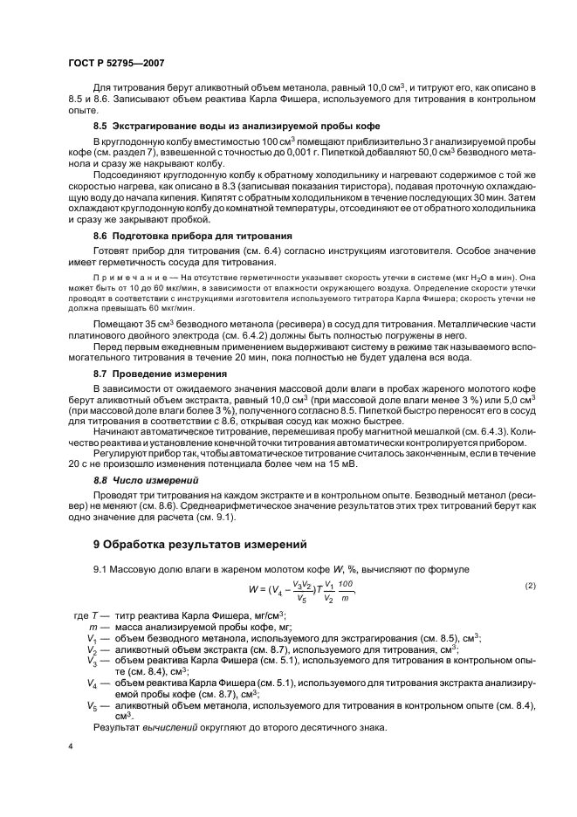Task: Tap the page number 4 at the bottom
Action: pos(71,747)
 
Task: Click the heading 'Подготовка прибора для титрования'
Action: pos(204,237)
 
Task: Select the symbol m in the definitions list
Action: pos(92,627)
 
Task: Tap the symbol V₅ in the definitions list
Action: pos(92,704)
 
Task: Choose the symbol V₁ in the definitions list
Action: pos(92,638)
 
